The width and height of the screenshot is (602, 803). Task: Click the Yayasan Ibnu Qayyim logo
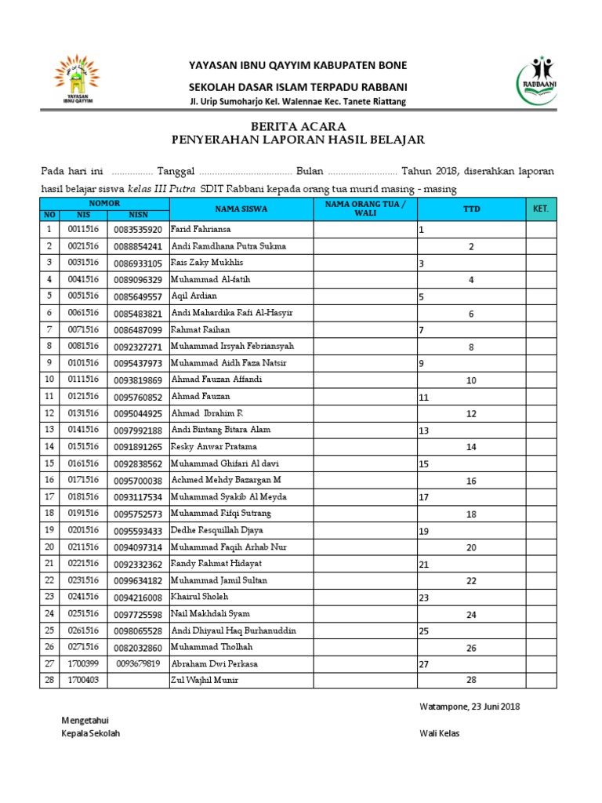pyautogui.click(x=77, y=79)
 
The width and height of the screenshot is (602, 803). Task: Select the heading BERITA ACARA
pyautogui.click(x=297, y=126)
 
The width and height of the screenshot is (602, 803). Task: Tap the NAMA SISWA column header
pyautogui.click(x=241, y=209)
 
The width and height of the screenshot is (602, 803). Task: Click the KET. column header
pyautogui.click(x=540, y=209)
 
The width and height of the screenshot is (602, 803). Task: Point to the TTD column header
pyautogui.click(x=471, y=209)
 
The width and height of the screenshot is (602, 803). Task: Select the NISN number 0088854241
pyautogui.click(x=138, y=246)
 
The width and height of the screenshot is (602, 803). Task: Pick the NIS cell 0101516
pyautogui.click(x=83, y=363)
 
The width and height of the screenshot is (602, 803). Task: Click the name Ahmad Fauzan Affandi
pyautogui.click(x=216, y=380)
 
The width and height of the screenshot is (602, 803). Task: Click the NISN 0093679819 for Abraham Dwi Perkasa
pyautogui.click(x=138, y=663)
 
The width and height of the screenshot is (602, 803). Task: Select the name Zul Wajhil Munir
pyautogui.click(x=204, y=680)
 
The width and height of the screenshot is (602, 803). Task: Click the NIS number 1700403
pyautogui.click(x=83, y=680)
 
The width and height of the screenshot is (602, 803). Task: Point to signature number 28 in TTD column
pyautogui.click(x=471, y=680)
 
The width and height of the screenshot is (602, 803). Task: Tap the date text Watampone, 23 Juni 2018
pyautogui.click(x=470, y=706)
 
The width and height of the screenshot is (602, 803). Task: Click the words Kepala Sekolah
pyautogui.click(x=91, y=733)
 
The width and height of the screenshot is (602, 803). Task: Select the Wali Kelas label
pyautogui.click(x=440, y=733)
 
